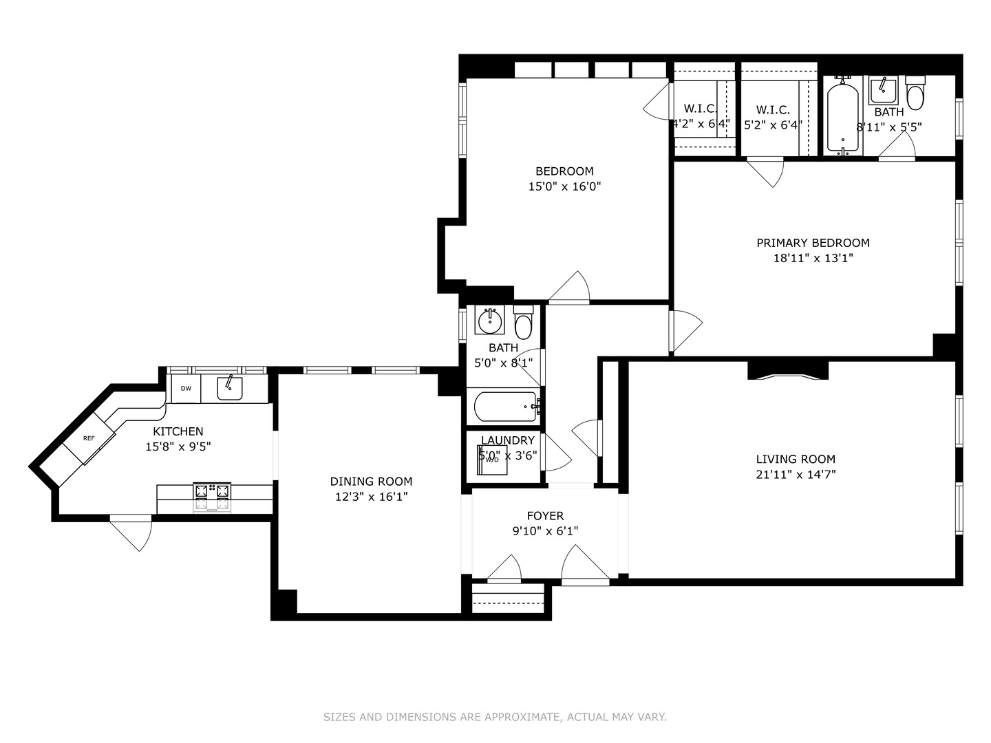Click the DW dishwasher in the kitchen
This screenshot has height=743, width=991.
click(x=186, y=389)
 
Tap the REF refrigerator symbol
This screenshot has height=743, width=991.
click(x=89, y=438)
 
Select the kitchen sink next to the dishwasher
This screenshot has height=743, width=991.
click(x=230, y=389)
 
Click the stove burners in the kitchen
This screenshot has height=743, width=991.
click(x=212, y=492)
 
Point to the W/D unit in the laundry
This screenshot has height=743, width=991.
click(x=492, y=460)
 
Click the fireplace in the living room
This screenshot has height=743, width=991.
click(x=787, y=371)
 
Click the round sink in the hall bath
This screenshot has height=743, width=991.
click(x=490, y=320)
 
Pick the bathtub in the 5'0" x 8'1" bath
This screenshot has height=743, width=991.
click(x=505, y=407)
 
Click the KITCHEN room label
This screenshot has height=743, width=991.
click(x=178, y=431)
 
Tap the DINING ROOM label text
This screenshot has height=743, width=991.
click(x=371, y=482)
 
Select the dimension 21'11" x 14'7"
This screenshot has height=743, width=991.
click(x=796, y=474)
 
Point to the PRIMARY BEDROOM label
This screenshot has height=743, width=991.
click(x=813, y=243)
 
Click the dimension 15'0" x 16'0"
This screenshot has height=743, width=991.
click(x=564, y=186)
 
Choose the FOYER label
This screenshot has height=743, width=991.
click(x=545, y=516)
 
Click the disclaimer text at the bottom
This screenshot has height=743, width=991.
click(x=495, y=717)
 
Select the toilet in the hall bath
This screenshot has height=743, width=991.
click(x=524, y=323)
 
